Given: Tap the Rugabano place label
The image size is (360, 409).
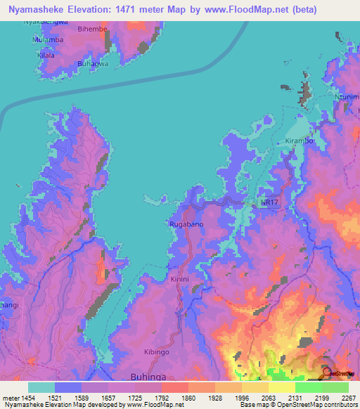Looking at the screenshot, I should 186,224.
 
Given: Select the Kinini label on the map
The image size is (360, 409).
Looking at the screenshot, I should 181,279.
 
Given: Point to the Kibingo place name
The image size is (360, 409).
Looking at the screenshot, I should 157,351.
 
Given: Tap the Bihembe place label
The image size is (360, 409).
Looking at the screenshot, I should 93,31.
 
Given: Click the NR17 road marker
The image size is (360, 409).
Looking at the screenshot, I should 268,202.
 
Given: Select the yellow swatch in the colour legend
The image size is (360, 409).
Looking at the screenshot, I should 281,387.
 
